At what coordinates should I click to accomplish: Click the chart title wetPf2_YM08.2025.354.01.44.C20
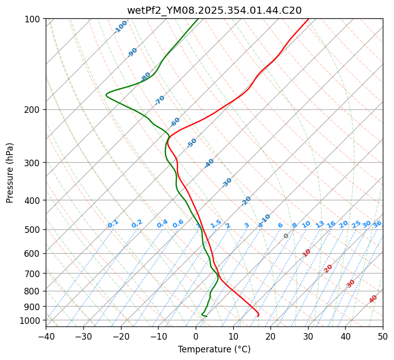click(214, 10)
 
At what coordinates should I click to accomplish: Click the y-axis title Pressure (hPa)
click(10, 173)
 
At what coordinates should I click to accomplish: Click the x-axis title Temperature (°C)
click(214, 349)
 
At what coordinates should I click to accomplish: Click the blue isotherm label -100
click(121, 27)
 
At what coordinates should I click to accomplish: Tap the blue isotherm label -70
click(160, 100)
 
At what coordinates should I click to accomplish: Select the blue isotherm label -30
click(227, 183)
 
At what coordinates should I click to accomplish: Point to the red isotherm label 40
click(373, 299)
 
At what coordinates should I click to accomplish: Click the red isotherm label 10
click(307, 253)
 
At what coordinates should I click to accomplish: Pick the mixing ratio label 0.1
click(113, 224)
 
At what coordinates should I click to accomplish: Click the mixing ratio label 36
click(377, 224)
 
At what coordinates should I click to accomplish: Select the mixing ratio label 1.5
click(216, 224)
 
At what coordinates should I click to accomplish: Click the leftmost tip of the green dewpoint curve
click(106, 95)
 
